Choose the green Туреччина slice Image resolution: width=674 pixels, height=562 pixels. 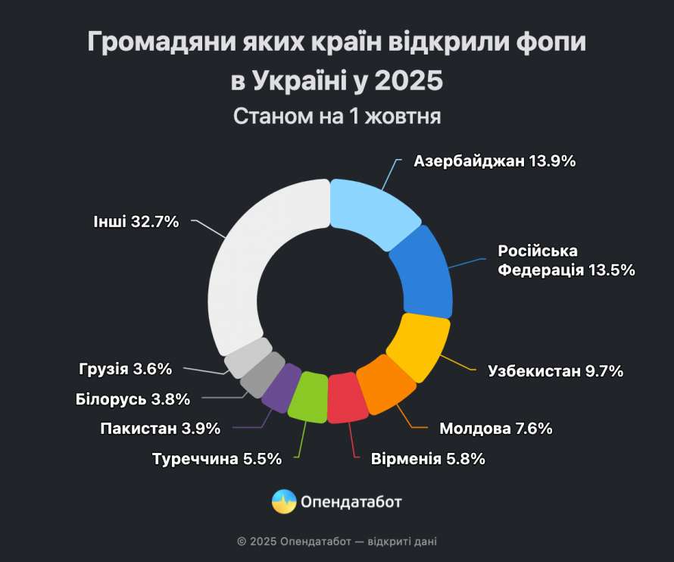(308, 397)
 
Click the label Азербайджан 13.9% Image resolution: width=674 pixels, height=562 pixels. (495, 161)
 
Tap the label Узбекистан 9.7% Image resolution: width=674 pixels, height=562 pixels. (555, 371)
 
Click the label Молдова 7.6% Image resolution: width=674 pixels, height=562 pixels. (495, 429)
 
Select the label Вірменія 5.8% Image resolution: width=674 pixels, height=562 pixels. (428, 459)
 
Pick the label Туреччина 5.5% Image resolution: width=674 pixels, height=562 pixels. (217, 459)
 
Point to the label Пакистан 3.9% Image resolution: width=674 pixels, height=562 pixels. (160, 429)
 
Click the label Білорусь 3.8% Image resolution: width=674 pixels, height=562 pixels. (133, 399)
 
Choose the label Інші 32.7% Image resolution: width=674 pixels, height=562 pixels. (136, 222)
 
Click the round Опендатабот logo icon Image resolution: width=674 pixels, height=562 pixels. (285, 501)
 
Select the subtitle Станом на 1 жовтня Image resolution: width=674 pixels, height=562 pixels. (337, 117)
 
